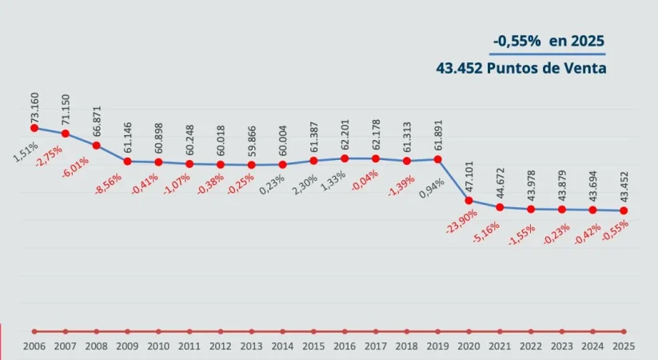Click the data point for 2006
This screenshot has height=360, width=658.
[34, 127]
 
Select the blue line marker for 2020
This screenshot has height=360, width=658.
[469, 200]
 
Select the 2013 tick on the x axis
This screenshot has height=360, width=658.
[251, 346]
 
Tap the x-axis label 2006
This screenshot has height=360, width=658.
[34, 346]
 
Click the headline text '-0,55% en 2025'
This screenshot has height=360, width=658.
[548, 41]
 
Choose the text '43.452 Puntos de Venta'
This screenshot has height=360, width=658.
[521, 68]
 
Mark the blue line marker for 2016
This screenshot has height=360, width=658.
[345, 158]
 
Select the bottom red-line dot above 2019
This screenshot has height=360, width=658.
[438, 331]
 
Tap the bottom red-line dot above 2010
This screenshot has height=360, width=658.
[158, 331]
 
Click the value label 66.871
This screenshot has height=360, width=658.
[97, 124]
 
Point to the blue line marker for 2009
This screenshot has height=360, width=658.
[128, 161]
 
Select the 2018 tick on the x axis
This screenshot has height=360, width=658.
[407, 346]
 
